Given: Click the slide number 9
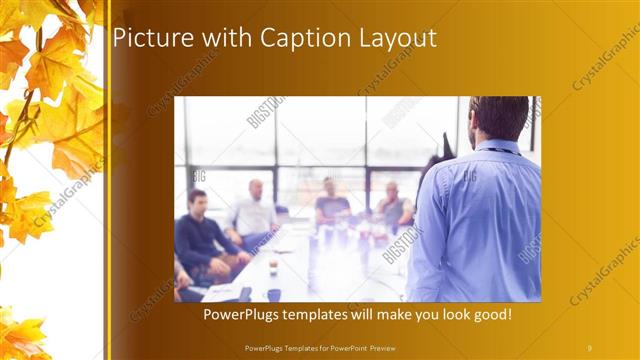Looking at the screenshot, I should [589, 347].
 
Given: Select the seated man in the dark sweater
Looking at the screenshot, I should [204, 235].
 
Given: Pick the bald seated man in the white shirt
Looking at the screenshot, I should [254, 210].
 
